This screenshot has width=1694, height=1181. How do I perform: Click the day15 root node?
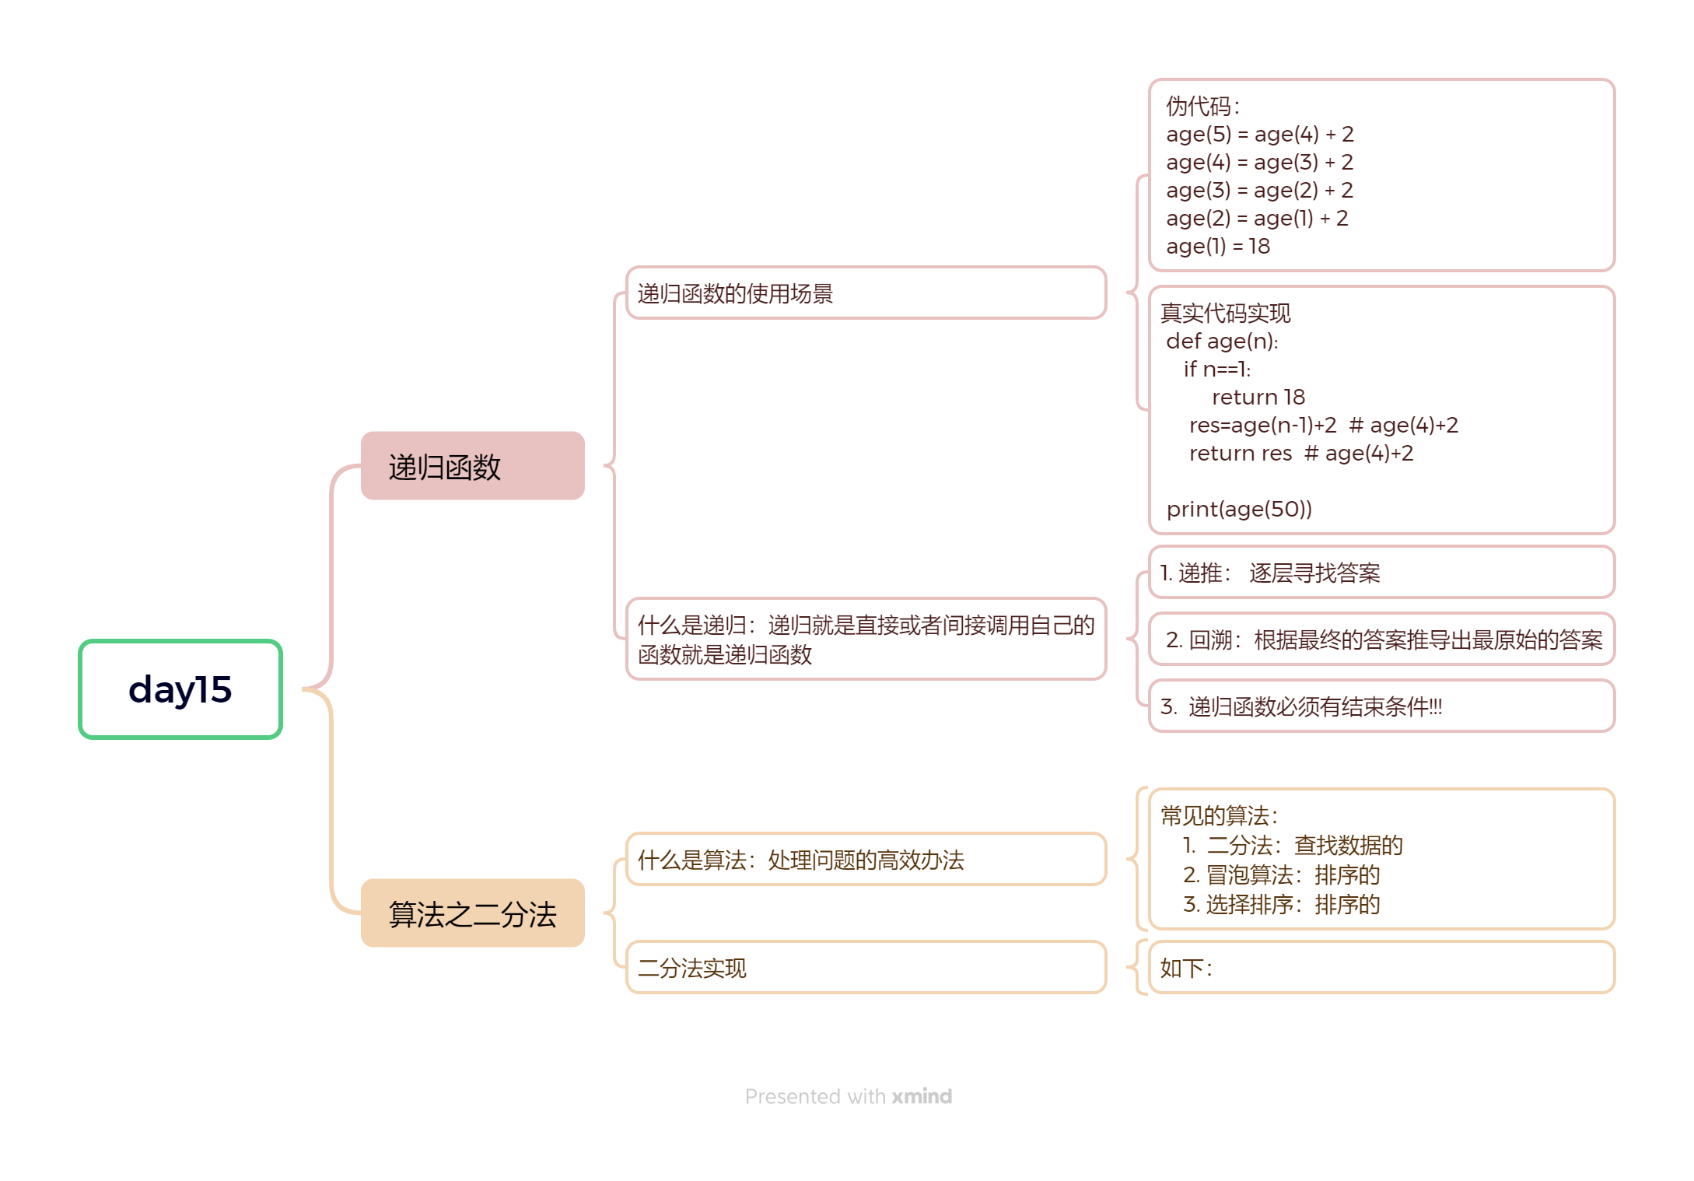pyautogui.click(x=180, y=689)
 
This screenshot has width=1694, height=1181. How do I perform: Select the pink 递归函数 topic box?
pyautogui.click(x=472, y=466)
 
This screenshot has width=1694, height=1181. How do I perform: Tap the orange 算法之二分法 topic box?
pyautogui.click(x=472, y=913)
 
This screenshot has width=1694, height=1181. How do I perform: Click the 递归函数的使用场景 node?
pyautogui.click(x=865, y=293)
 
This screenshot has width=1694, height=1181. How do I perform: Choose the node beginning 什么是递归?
pyautogui.click(x=865, y=640)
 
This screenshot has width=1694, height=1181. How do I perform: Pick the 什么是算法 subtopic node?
pyautogui.click(x=865, y=860)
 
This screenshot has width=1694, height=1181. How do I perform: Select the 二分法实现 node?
pyautogui.click(x=865, y=968)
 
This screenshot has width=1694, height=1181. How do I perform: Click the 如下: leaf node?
pyautogui.click(x=1381, y=968)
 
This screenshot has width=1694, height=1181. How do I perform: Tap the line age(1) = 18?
pyautogui.click(x=1218, y=247)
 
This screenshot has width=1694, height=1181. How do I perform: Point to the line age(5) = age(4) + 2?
pyautogui.click(x=1260, y=135)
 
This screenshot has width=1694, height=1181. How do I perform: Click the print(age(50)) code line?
pyautogui.click(x=1239, y=510)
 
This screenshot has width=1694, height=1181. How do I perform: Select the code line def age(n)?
pyautogui.click(x=1222, y=342)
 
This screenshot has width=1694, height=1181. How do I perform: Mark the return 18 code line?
pyautogui.click(x=1258, y=398)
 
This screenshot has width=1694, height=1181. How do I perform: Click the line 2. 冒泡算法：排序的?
pyautogui.click(x=1281, y=875)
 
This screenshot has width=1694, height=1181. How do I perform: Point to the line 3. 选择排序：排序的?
pyautogui.click(x=1281, y=905)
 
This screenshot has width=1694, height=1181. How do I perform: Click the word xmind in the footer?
pyautogui.click(x=922, y=1096)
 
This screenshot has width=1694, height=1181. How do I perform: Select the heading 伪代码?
pyautogui.click(x=1202, y=107)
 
